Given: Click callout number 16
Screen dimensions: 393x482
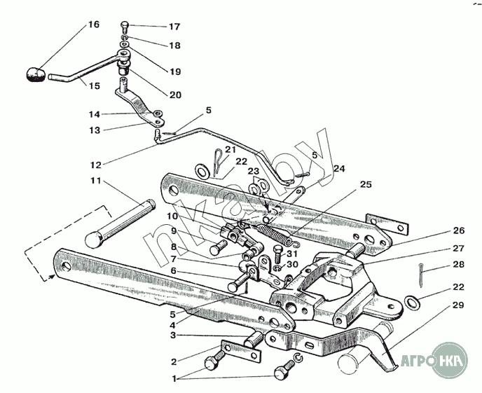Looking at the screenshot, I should (x=94, y=25).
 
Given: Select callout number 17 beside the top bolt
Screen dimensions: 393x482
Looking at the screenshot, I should (x=174, y=27).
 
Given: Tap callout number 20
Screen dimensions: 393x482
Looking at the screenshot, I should (x=174, y=95).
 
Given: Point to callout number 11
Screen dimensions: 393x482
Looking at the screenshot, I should (x=95, y=181).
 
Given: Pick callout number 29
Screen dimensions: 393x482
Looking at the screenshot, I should (x=458, y=305).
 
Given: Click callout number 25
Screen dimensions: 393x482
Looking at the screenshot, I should (x=366, y=185).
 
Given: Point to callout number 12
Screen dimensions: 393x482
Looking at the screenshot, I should (x=96, y=165).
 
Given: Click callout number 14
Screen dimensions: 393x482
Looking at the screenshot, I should (x=95, y=113).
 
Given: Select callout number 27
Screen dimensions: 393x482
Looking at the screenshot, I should (x=458, y=248).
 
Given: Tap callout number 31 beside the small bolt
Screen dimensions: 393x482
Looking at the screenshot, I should (x=293, y=253).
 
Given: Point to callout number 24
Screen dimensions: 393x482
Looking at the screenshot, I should (x=339, y=168).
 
